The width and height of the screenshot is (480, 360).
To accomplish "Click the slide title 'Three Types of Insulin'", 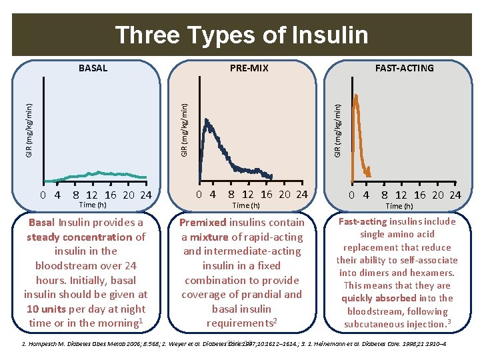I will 241,35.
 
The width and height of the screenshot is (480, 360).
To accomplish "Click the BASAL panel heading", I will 93,68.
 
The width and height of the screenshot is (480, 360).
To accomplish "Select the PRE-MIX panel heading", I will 249,68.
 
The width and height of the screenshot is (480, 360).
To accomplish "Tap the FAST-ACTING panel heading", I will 404,68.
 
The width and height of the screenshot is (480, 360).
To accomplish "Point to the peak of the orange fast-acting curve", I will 356,96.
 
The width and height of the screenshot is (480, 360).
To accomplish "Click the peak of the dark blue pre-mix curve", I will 207,121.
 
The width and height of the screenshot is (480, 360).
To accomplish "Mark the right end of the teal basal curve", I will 145,177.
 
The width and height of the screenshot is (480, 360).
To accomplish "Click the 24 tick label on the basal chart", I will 146,195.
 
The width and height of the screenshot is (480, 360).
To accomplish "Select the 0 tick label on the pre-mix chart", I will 200,195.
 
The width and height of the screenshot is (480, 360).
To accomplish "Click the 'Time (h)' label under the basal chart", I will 93,205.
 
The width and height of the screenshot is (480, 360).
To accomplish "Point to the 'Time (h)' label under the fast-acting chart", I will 399,206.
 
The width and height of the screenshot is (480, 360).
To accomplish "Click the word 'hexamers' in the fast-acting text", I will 433,273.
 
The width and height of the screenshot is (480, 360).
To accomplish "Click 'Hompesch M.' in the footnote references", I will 48,345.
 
